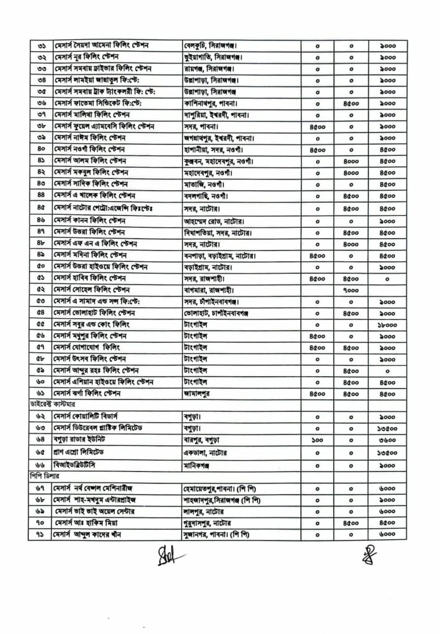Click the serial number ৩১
tap(42, 45)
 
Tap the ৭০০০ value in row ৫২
tap(351, 289)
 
